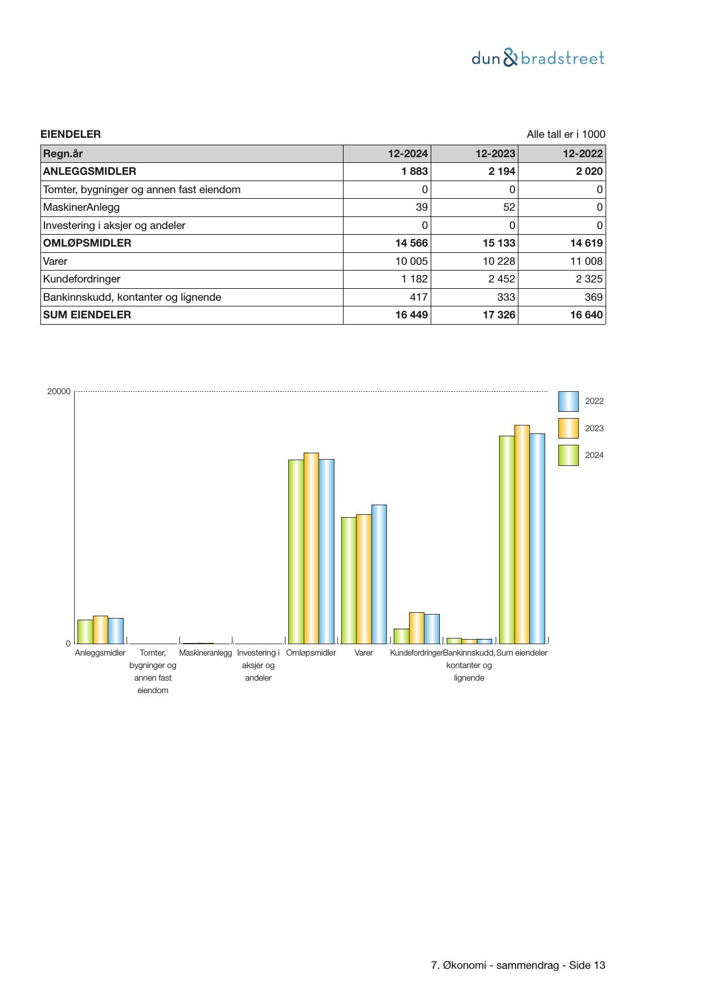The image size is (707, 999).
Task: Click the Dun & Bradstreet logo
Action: coord(538,58)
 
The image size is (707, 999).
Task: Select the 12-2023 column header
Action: coord(495,154)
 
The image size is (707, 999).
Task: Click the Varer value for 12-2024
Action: coord(411,261)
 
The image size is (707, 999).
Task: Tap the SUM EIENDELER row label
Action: coord(87,315)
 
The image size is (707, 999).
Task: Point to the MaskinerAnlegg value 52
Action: coord(509,207)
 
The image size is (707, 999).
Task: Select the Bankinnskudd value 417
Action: coord(419,297)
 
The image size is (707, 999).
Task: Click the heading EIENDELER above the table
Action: coord(71,134)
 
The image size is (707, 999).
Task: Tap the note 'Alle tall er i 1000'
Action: coord(566,134)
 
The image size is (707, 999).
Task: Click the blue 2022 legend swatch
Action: coord(568,402)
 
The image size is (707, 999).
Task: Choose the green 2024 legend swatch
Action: coord(568,456)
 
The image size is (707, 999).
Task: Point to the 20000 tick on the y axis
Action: coord(59,391)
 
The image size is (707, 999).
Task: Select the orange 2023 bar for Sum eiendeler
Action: coord(522,534)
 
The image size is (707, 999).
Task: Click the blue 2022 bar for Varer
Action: coord(379,574)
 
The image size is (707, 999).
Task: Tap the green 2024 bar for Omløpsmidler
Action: coord(296,551)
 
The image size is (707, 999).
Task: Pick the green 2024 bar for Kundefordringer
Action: coord(401,636)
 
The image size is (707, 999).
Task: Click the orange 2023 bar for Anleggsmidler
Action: coord(100,629)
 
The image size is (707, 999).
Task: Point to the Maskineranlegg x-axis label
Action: coord(206,653)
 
